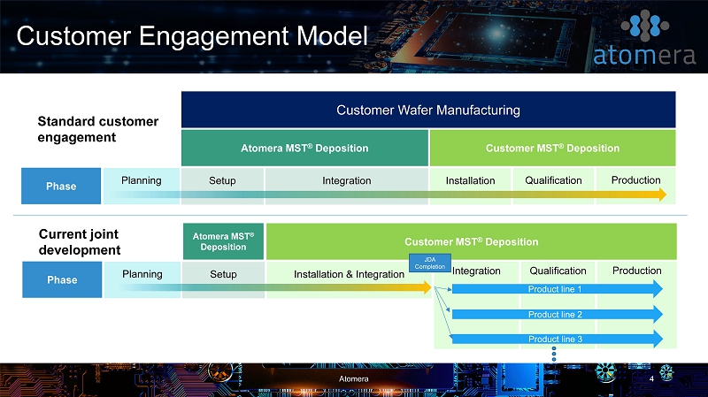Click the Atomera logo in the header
pos(644,39)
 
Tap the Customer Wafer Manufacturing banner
pos(428,110)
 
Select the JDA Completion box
pos(430,263)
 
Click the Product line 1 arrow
pos(558,289)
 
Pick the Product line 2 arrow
pos(558,314)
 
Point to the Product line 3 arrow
pos(558,339)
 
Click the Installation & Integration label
pos(349,274)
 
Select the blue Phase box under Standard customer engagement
pos(61,186)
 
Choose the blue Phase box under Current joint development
pos(62,279)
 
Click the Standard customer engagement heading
pos(98,129)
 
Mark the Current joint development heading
pos(80,241)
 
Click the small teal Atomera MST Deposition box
pos(224,241)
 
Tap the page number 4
pos(651,378)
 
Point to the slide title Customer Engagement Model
pos(192,36)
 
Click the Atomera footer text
pos(353,379)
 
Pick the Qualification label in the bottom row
pos(558,271)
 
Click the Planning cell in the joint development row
pos(142,279)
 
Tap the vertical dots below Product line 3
pos(554,355)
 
